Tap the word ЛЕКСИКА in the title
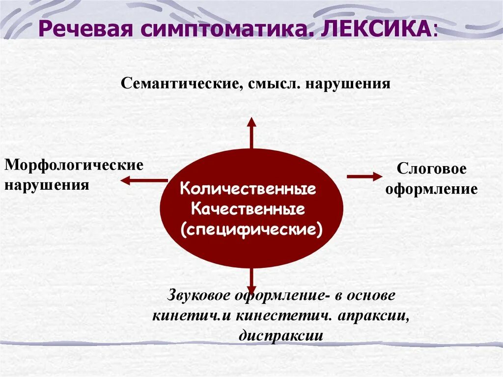pos(376,30)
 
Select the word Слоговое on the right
pos(431,169)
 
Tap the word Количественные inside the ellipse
pos(248,189)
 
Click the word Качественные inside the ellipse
pos(248,210)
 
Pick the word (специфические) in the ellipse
pos(251,230)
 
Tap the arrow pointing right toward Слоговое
pos(364,176)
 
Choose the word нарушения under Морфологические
pos(47,185)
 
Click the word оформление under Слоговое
pos(431,189)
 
